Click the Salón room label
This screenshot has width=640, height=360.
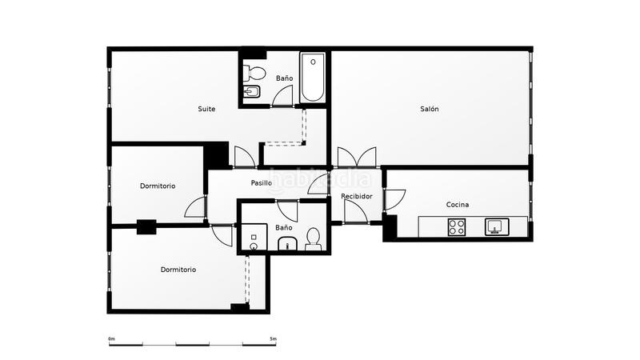(430, 109)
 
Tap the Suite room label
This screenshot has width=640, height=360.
(206, 109)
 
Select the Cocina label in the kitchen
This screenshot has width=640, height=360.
(458, 205)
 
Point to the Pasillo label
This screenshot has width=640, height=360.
(261, 183)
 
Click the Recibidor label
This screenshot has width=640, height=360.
(356, 196)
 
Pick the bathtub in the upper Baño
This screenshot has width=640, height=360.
(313, 78)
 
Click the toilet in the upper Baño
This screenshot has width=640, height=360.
(255, 74)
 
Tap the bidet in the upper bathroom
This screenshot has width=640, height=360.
(251, 93)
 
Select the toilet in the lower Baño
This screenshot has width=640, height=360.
(313, 239)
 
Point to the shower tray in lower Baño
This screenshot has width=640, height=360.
(255, 238)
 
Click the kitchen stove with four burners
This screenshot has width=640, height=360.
(457, 228)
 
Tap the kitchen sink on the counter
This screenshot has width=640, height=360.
(496, 227)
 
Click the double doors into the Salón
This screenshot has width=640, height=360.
(356, 157)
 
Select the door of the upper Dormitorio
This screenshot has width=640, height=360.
(195, 208)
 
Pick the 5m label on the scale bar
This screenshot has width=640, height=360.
(273, 339)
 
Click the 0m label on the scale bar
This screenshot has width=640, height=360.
(112, 339)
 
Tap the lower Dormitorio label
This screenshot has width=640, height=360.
(178, 270)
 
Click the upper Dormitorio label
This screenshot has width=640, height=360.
(158, 186)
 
